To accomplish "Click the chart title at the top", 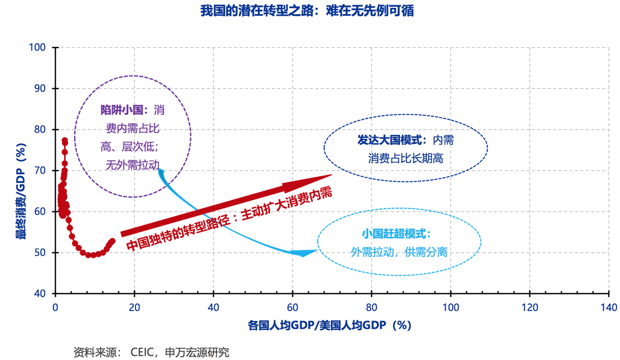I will [x=307, y=11].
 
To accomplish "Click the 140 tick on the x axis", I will [x=609, y=307].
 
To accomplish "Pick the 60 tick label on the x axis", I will [x=292, y=307].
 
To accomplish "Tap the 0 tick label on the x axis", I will [x=55, y=307].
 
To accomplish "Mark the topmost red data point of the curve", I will [x=65, y=140].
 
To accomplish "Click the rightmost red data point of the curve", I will [x=113, y=241].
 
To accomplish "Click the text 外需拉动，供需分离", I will [x=399, y=252].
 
